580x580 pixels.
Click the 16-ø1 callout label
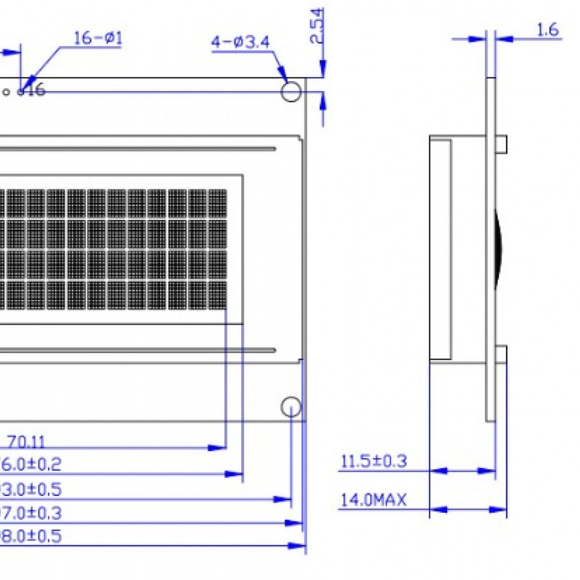coord(98,38)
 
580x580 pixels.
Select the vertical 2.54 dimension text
coord(317,26)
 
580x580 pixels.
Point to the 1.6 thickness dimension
coord(548,30)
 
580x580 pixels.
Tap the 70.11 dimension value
coord(26,442)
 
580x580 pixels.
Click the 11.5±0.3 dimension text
coord(374,462)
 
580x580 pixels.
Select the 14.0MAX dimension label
coord(374,500)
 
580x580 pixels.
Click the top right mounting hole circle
coord(291,91)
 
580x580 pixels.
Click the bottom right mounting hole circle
coord(291,407)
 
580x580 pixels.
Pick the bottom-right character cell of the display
coord(217,295)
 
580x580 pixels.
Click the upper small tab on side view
coord(502,144)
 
